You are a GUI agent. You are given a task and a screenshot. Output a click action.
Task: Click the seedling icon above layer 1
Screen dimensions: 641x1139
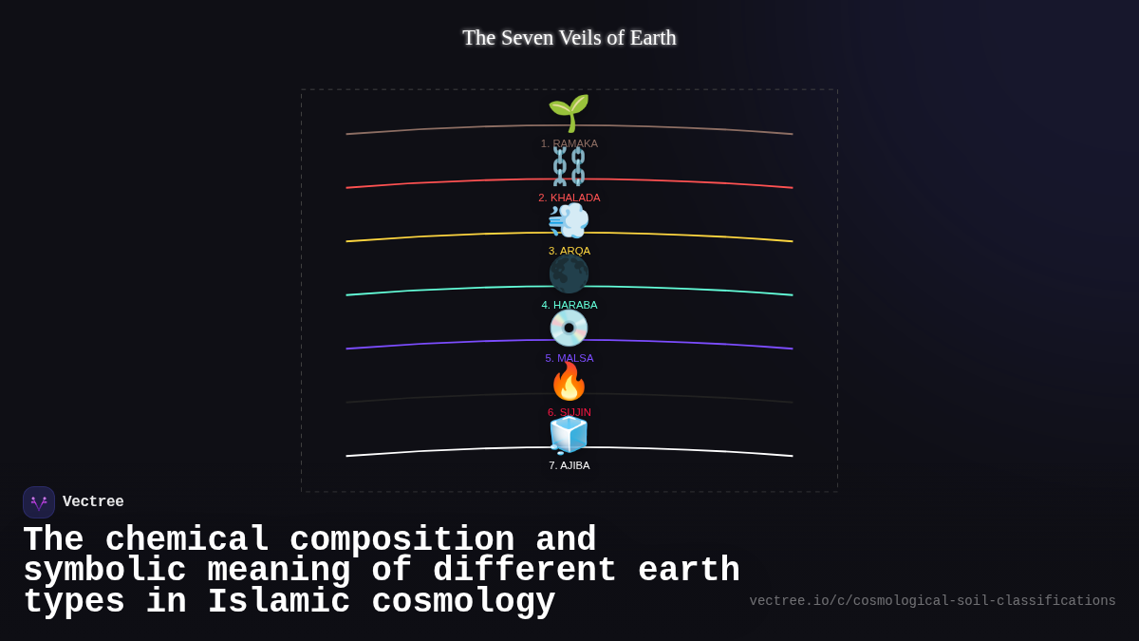pos(569,113)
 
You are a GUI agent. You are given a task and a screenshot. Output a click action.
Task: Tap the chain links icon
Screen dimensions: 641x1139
pos(569,166)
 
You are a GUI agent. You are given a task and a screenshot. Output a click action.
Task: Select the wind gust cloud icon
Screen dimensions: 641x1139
pos(569,220)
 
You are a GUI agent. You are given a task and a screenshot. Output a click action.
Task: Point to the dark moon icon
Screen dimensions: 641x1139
pos(569,273)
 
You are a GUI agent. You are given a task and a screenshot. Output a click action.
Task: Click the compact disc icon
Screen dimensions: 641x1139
pos(569,328)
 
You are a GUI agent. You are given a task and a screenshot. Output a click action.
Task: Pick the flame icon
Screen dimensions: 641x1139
pos(569,381)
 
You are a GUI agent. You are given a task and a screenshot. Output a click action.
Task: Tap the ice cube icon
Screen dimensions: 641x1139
pos(569,435)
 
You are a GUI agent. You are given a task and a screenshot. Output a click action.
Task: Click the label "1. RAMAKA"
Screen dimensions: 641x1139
pos(569,143)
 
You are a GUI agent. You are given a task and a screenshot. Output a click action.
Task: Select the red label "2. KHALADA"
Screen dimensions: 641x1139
pos(569,198)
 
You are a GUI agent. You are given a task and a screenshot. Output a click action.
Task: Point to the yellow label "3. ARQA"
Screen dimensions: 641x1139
pos(569,251)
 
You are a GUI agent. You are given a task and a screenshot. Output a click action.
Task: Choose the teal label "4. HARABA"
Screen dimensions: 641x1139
pos(569,305)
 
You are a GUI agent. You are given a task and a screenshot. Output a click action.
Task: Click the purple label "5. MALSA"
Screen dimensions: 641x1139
pos(569,358)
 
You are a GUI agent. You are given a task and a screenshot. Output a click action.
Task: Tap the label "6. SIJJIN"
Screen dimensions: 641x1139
pos(569,412)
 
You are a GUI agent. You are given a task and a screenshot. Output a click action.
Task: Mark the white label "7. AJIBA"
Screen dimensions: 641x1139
pos(569,465)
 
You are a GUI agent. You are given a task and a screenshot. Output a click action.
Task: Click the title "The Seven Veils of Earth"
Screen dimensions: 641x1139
pos(569,38)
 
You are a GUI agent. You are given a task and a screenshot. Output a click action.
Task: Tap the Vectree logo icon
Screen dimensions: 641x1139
pos(39,502)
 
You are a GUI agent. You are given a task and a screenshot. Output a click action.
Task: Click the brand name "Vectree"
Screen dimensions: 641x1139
pos(93,502)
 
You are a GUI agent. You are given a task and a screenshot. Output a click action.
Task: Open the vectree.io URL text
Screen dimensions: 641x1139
pos(932,601)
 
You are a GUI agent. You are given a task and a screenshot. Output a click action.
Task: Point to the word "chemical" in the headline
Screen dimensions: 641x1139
pos(187,540)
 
